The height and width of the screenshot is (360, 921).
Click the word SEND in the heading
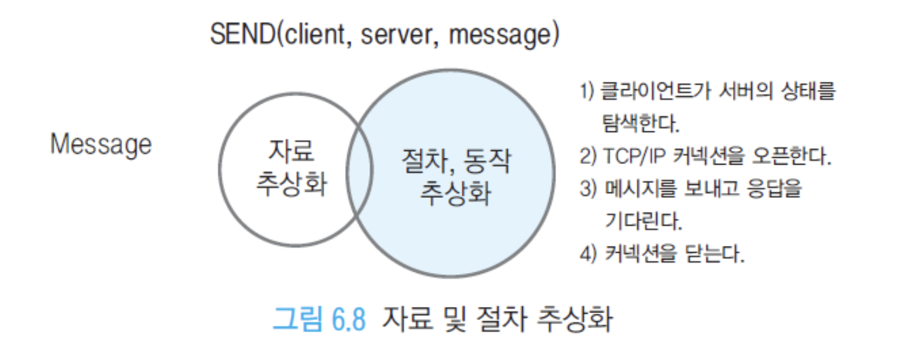pyautogui.click(x=243, y=34)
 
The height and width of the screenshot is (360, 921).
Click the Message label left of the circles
pyautogui.click(x=101, y=145)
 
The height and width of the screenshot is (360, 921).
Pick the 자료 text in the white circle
pyautogui.click(x=292, y=151)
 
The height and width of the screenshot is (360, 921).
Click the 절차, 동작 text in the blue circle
pyautogui.click(x=456, y=161)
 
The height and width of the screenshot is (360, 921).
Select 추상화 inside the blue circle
pyautogui.click(x=456, y=193)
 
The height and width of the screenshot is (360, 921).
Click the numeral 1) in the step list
pyautogui.click(x=587, y=91)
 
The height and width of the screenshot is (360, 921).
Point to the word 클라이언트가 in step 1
pyautogui.click(x=656, y=91)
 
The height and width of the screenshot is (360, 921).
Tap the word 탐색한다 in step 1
pyautogui.click(x=641, y=123)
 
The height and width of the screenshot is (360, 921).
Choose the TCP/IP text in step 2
pyautogui.click(x=634, y=157)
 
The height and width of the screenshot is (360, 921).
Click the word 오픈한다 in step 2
pyautogui.click(x=792, y=156)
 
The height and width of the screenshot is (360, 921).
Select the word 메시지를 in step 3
pyautogui.click(x=641, y=189)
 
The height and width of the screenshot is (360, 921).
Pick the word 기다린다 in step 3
pyautogui.click(x=644, y=221)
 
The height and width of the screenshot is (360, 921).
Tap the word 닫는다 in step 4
pyautogui.click(x=715, y=253)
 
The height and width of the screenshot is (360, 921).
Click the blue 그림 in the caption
pyautogui.click(x=298, y=319)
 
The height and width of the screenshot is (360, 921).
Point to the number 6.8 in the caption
pyautogui.click(x=349, y=319)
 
